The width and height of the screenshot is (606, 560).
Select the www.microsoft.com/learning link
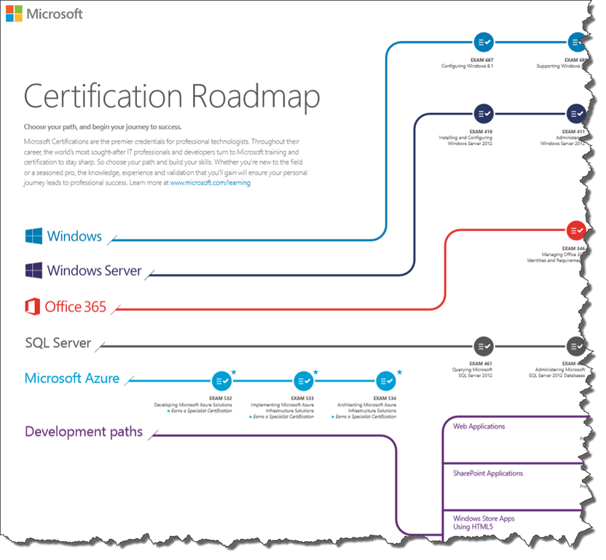click(210, 183)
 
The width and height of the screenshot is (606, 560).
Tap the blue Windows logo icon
click(34, 236)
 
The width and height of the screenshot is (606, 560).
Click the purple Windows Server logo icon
click(34, 271)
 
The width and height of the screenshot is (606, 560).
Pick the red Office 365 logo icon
click(32, 306)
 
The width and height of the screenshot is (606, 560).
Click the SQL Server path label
click(58, 343)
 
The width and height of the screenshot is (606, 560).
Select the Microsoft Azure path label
click(72, 378)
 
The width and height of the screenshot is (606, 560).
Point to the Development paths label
click(84, 432)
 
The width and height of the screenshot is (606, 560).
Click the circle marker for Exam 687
click(483, 42)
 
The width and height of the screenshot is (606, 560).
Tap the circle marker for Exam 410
click(483, 113)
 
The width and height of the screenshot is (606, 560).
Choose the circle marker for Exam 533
click(303, 381)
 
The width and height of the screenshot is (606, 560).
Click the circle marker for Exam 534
click(385, 381)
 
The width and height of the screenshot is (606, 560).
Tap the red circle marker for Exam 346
click(576, 230)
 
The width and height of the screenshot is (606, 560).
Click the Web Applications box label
click(479, 427)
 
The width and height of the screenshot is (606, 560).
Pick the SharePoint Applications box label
click(488, 473)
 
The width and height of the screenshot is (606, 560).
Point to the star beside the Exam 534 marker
click(399, 372)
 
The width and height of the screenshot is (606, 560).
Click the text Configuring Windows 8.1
click(467, 66)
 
